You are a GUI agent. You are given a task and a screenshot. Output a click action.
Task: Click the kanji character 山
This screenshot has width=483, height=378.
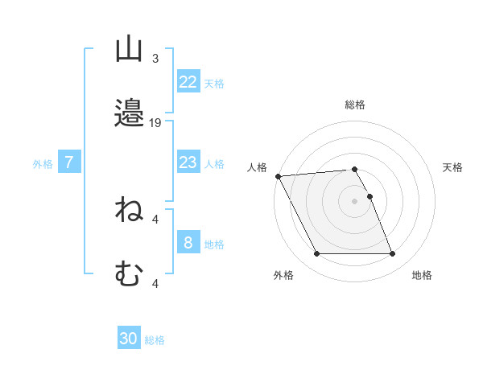130,50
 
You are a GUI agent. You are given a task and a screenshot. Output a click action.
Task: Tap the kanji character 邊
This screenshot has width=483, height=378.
130,113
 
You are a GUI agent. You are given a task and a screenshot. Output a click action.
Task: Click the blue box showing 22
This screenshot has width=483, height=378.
188,81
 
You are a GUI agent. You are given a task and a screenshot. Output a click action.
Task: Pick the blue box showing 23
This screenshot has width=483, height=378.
188,162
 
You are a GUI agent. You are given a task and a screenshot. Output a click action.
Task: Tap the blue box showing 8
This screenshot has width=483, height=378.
188,243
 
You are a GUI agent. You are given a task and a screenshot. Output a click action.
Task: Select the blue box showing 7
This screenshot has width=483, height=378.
69,162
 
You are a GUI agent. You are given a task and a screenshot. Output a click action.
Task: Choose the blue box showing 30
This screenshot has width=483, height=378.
128,339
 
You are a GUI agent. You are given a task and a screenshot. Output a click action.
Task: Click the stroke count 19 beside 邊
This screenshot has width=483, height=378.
156,123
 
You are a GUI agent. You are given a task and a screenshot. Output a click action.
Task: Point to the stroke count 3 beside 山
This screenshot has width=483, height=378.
155,59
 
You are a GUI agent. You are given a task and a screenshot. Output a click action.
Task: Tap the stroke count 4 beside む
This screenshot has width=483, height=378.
155,283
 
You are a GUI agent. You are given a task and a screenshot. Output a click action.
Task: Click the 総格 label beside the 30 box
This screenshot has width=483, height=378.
155,340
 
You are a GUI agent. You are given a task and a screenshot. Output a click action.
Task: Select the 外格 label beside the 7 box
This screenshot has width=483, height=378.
43,164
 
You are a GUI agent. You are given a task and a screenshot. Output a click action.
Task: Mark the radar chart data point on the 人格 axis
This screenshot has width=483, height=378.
278,176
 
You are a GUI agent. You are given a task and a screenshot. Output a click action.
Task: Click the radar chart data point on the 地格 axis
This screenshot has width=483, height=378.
392,254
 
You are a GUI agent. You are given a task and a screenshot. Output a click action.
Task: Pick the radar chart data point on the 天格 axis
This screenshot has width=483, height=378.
369,196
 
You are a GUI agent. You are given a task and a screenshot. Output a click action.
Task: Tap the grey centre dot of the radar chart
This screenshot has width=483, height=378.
354,201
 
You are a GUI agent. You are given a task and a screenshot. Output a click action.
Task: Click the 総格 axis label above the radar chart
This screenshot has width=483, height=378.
355,105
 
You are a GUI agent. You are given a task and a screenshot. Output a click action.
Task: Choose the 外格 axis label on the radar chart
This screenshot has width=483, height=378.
283,275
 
